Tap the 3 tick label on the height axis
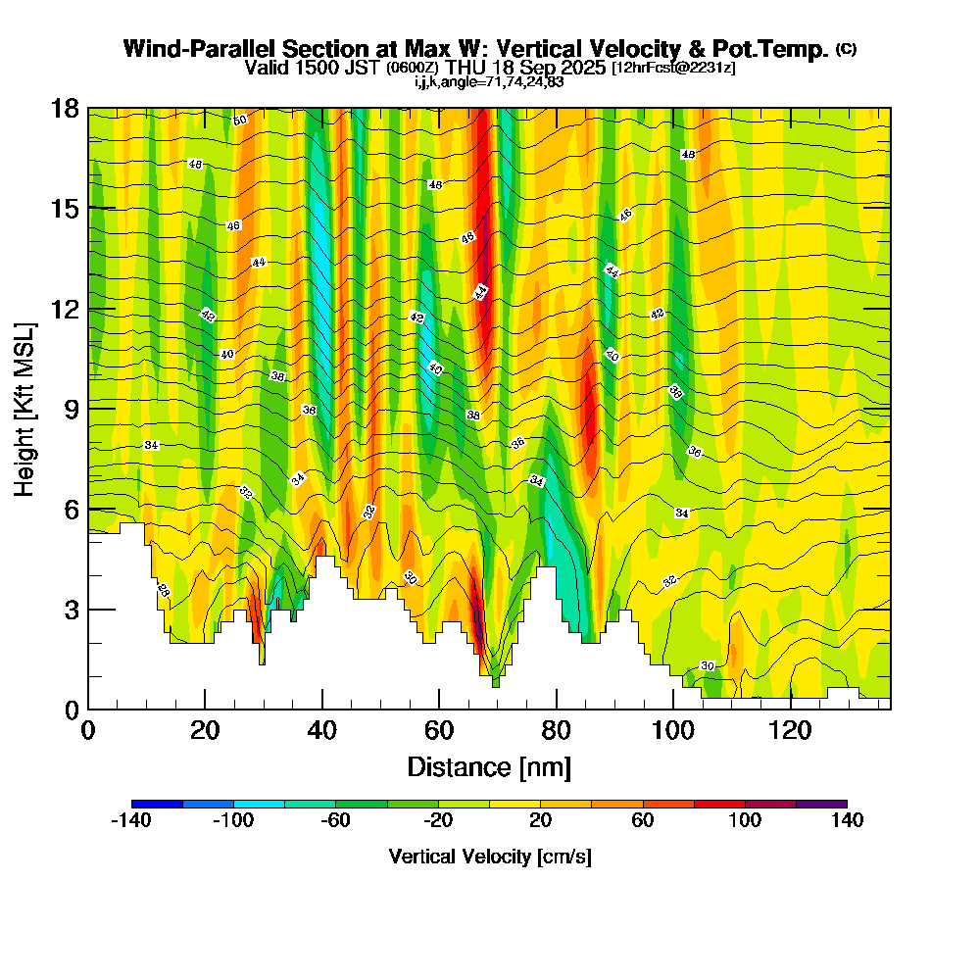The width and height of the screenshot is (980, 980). (x=71, y=609)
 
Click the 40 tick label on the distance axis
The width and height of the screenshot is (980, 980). (x=321, y=731)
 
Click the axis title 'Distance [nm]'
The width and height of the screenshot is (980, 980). (x=489, y=766)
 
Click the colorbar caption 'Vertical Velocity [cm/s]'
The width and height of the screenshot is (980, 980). (x=490, y=857)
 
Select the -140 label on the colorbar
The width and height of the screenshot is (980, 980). (x=129, y=820)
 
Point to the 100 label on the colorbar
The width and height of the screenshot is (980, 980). (x=746, y=820)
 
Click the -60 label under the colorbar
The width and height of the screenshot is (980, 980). (x=335, y=820)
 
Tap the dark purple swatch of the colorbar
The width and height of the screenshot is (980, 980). (x=821, y=804)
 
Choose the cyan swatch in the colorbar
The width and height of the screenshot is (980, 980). (x=259, y=804)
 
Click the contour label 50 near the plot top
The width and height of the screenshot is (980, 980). (x=240, y=120)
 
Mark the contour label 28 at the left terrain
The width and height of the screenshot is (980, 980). (x=164, y=589)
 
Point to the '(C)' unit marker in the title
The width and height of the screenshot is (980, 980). (x=846, y=49)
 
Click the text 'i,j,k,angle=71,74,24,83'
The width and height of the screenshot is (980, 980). (x=489, y=81)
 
